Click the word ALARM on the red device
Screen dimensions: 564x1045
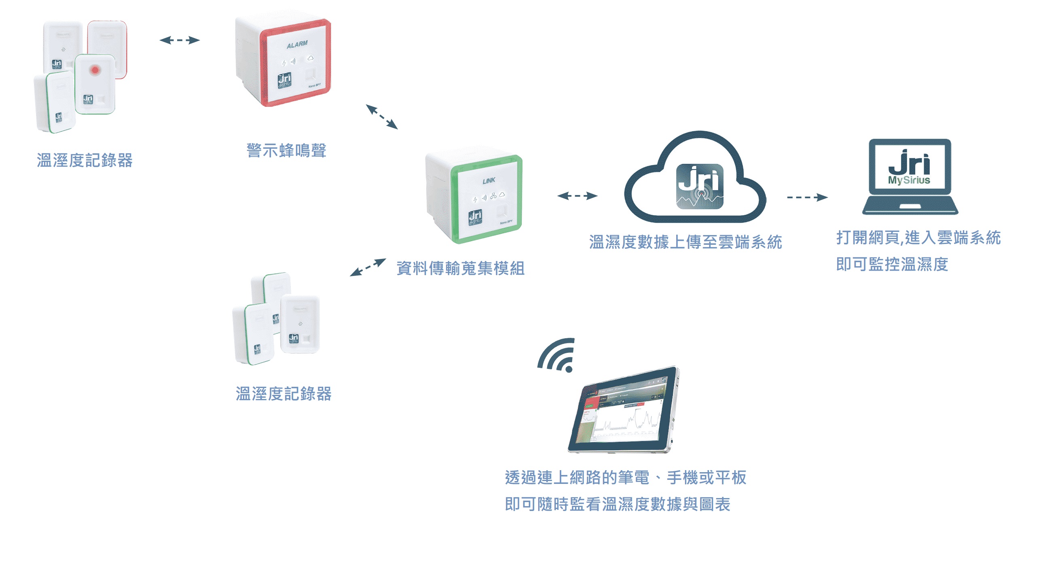297,44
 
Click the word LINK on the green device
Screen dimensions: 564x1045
489,180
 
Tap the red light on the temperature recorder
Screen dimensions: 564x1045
95,70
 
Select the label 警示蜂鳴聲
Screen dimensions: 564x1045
286,151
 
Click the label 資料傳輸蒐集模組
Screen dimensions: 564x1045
460,268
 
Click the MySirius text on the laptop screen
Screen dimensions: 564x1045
909,180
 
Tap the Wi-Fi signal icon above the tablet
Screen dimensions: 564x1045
558,356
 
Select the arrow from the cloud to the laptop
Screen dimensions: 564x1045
807,197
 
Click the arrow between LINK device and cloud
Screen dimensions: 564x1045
577,196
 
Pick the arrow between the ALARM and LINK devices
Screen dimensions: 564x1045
382,117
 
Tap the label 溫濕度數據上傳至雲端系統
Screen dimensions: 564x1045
685,242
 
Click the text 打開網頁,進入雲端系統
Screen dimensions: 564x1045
918,238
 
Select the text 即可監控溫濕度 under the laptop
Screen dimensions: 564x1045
892,265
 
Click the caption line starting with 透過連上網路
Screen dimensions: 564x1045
625,477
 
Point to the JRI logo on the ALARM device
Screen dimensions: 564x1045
284,80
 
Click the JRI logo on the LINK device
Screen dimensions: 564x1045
475,217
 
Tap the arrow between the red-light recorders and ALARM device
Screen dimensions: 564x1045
180,40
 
